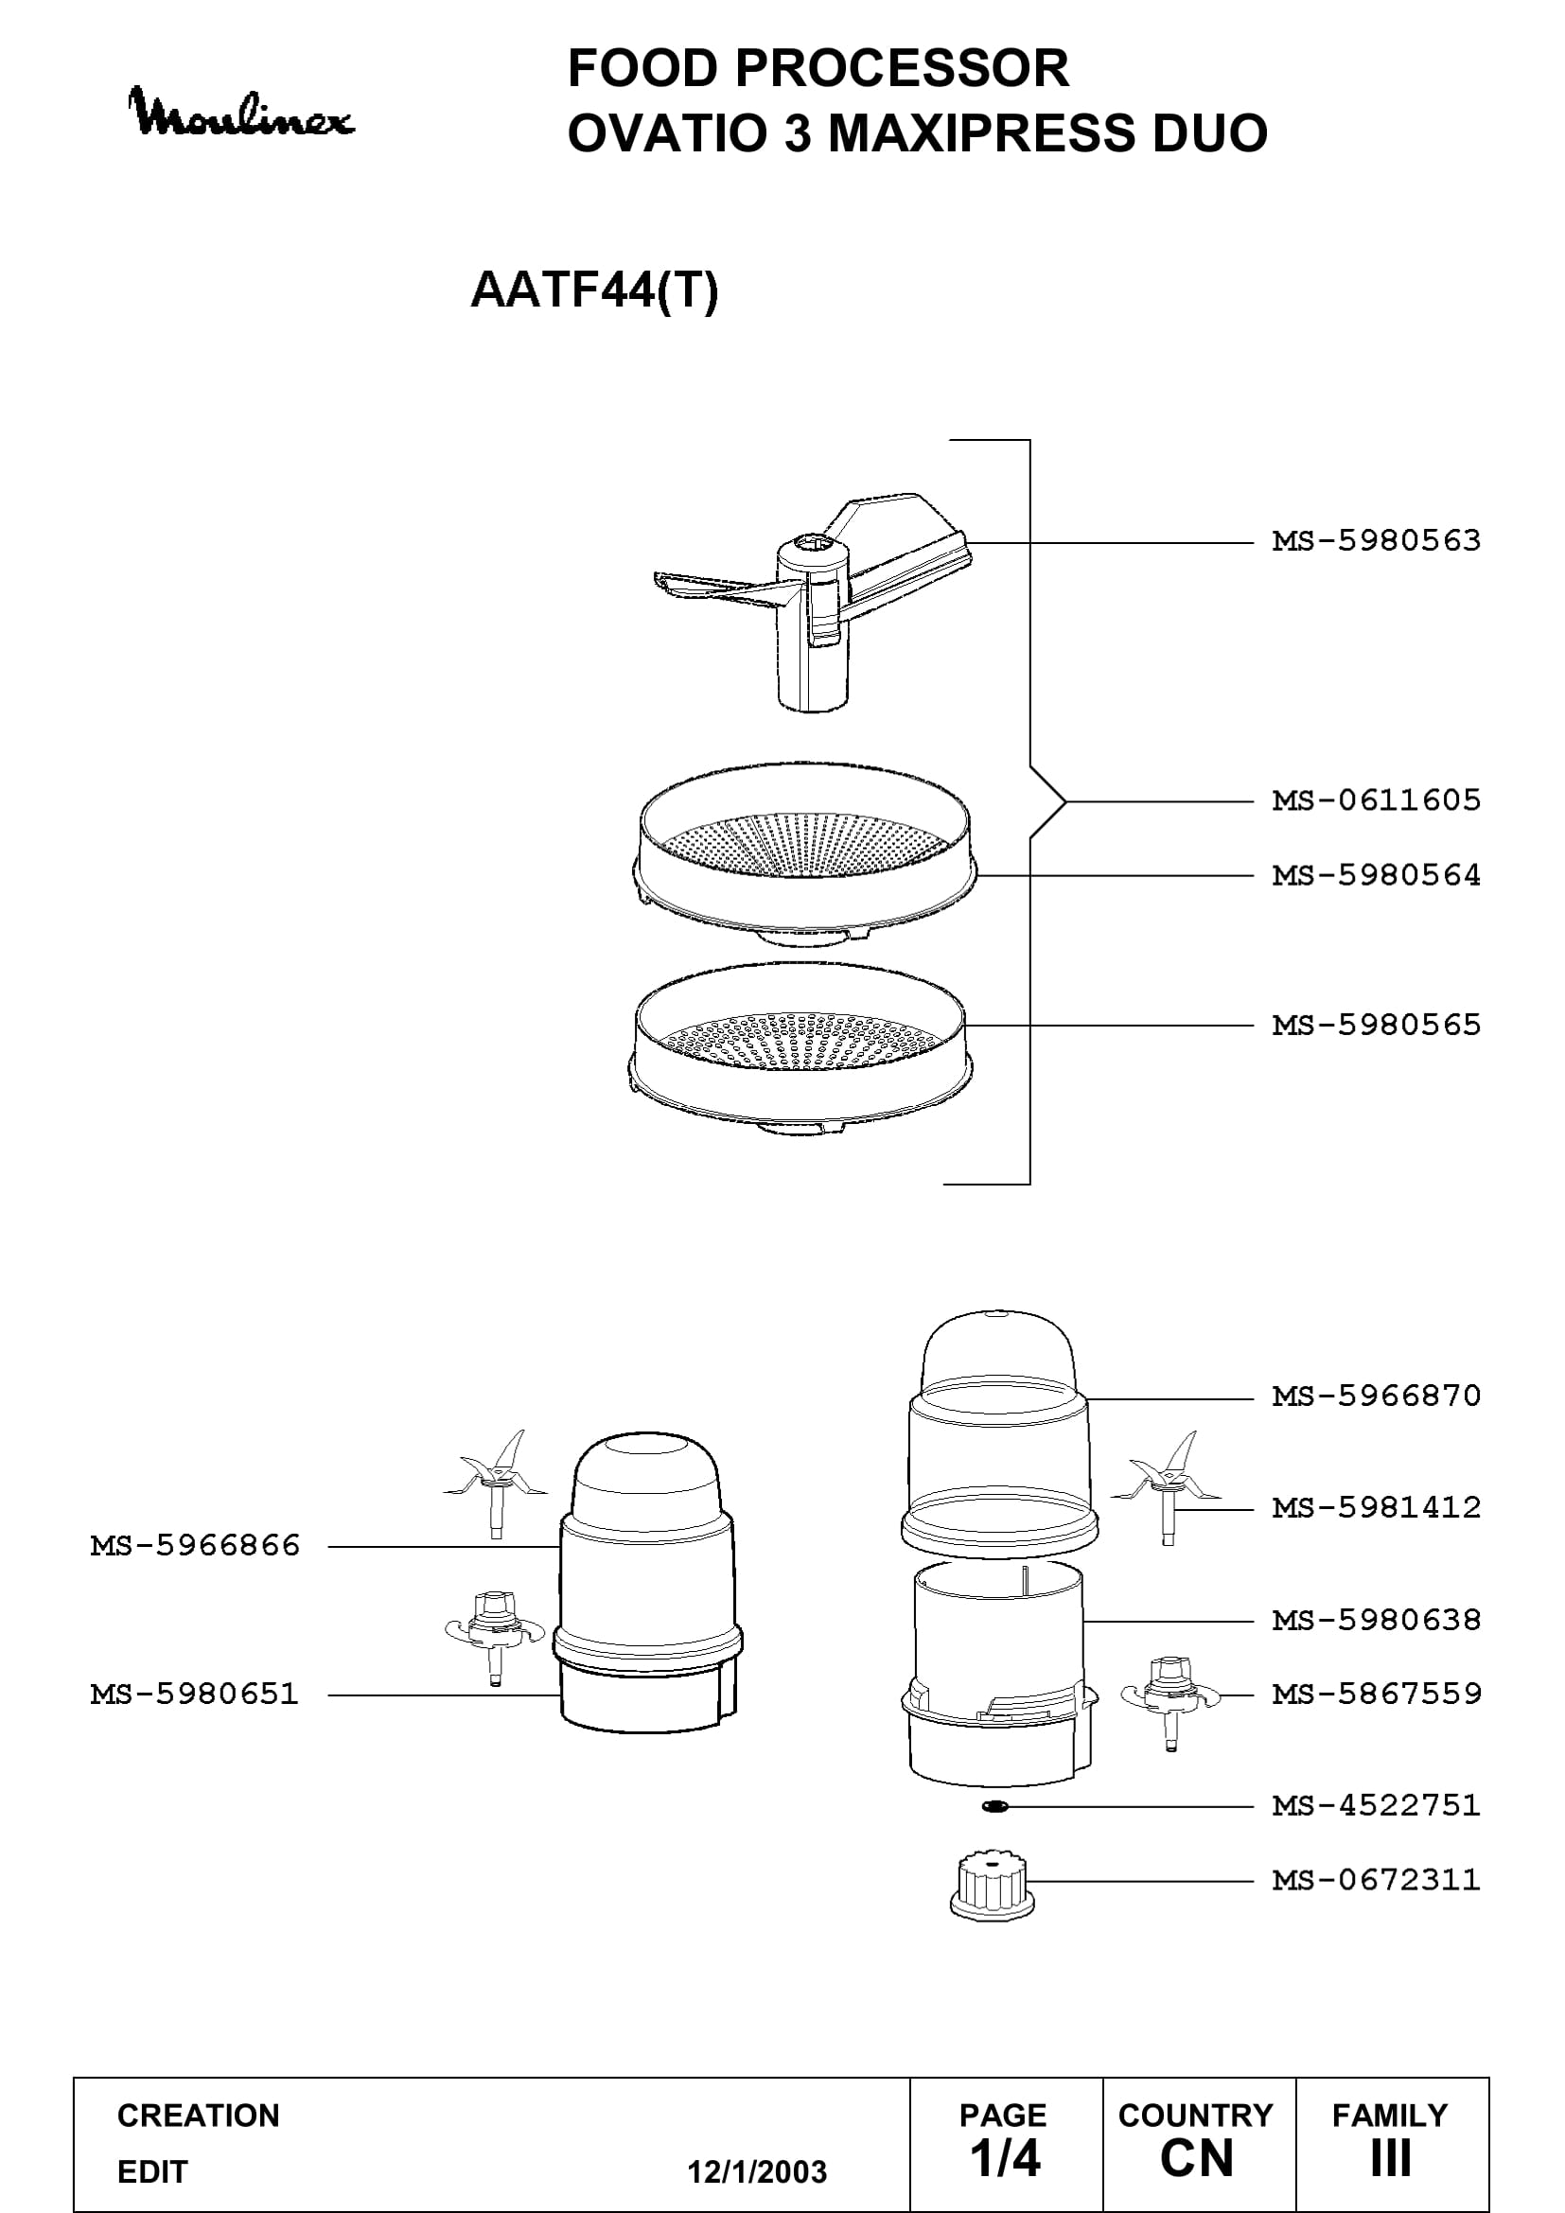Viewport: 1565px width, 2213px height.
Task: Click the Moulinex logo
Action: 242,113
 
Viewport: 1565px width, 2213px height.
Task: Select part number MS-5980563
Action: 1376,541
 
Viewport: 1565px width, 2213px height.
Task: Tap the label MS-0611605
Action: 1376,800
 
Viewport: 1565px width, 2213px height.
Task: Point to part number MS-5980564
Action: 1376,875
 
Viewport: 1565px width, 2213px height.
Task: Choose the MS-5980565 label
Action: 1376,1025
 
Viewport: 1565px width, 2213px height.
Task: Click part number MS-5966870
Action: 1376,1396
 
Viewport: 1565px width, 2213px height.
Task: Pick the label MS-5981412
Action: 1376,1507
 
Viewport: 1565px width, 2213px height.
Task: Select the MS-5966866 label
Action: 196,1546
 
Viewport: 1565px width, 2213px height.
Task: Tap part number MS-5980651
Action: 196,1694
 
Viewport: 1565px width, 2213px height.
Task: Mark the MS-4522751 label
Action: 1376,1804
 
